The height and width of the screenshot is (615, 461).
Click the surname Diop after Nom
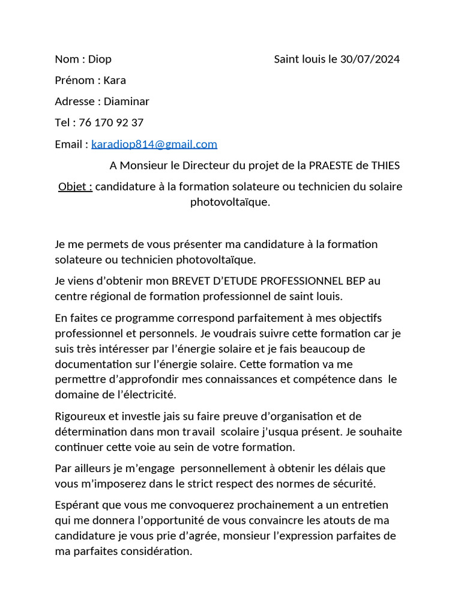click(100, 59)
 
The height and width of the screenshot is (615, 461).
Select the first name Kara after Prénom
click(115, 80)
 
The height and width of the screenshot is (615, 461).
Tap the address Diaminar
click(126, 101)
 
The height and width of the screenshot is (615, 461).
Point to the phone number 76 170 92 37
click(111, 123)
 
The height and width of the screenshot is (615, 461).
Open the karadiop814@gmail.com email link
click(154, 144)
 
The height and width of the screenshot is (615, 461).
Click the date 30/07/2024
click(370, 59)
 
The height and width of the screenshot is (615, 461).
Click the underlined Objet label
click(75, 187)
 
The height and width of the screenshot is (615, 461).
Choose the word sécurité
click(353, 483)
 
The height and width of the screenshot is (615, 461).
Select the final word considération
click(155, 551)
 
